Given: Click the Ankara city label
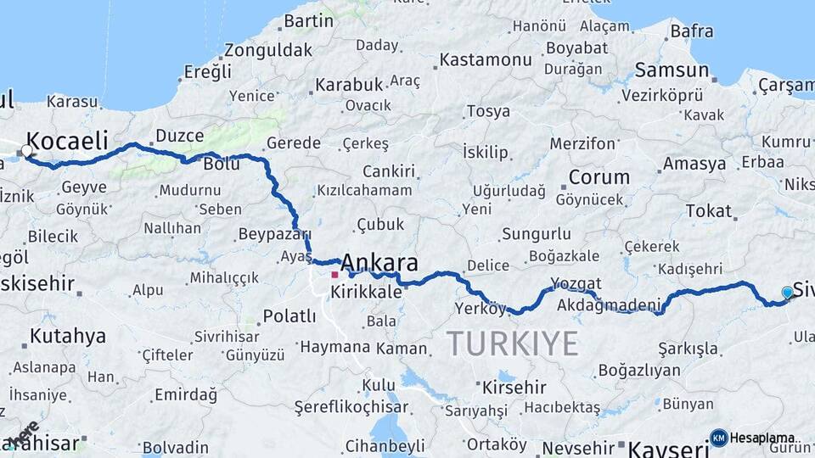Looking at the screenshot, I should pos(379,262).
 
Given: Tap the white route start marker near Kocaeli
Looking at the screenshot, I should pos(26,151).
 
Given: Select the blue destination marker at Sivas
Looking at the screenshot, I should pos(787,293).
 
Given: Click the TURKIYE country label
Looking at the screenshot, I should pos(512,343).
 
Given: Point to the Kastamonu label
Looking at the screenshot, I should pos(486,60).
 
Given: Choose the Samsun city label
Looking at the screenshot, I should pos(672,70).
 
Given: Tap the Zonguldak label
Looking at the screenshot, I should pos(269,49).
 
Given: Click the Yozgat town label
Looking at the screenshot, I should pos(576,283).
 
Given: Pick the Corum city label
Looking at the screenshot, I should pos(599,178).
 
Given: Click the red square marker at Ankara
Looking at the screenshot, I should pos(334,274).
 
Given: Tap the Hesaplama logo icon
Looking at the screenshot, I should pos(718,438).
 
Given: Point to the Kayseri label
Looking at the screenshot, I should pos(663,449).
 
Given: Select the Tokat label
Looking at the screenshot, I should pos(708,211).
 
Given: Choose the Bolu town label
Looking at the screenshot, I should pos(222,165).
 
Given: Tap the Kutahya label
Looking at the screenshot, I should pos(68,336).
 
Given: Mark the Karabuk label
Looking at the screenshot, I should pos(349,85).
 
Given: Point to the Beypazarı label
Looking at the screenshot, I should pos(275,234).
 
